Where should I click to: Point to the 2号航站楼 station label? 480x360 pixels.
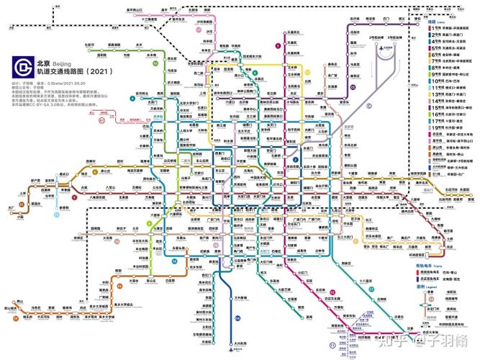(x=376, y=36)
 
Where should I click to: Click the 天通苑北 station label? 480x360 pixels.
(x=292, y=32)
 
